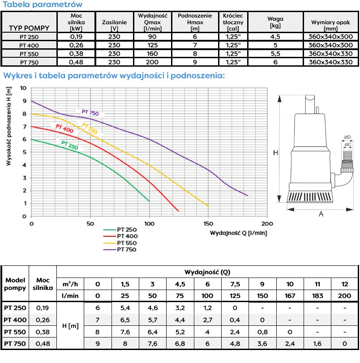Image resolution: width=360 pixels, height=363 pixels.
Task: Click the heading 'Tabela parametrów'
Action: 43,4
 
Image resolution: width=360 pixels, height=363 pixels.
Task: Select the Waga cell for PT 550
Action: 275,53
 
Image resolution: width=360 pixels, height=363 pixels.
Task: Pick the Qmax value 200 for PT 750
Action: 152,62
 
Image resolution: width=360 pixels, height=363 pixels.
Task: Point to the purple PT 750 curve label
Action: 90,113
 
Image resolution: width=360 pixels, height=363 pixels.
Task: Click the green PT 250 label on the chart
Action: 70,145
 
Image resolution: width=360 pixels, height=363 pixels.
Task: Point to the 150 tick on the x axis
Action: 208,223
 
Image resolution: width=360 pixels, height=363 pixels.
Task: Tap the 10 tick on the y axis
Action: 23,88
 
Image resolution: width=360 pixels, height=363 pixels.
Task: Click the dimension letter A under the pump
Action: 321,214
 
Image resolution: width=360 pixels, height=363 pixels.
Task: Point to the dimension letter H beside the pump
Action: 276,153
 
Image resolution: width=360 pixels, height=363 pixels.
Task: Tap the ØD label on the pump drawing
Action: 347,137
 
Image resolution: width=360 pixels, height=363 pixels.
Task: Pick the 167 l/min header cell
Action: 290,296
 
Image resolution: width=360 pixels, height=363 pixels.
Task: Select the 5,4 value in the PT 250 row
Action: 125,308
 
